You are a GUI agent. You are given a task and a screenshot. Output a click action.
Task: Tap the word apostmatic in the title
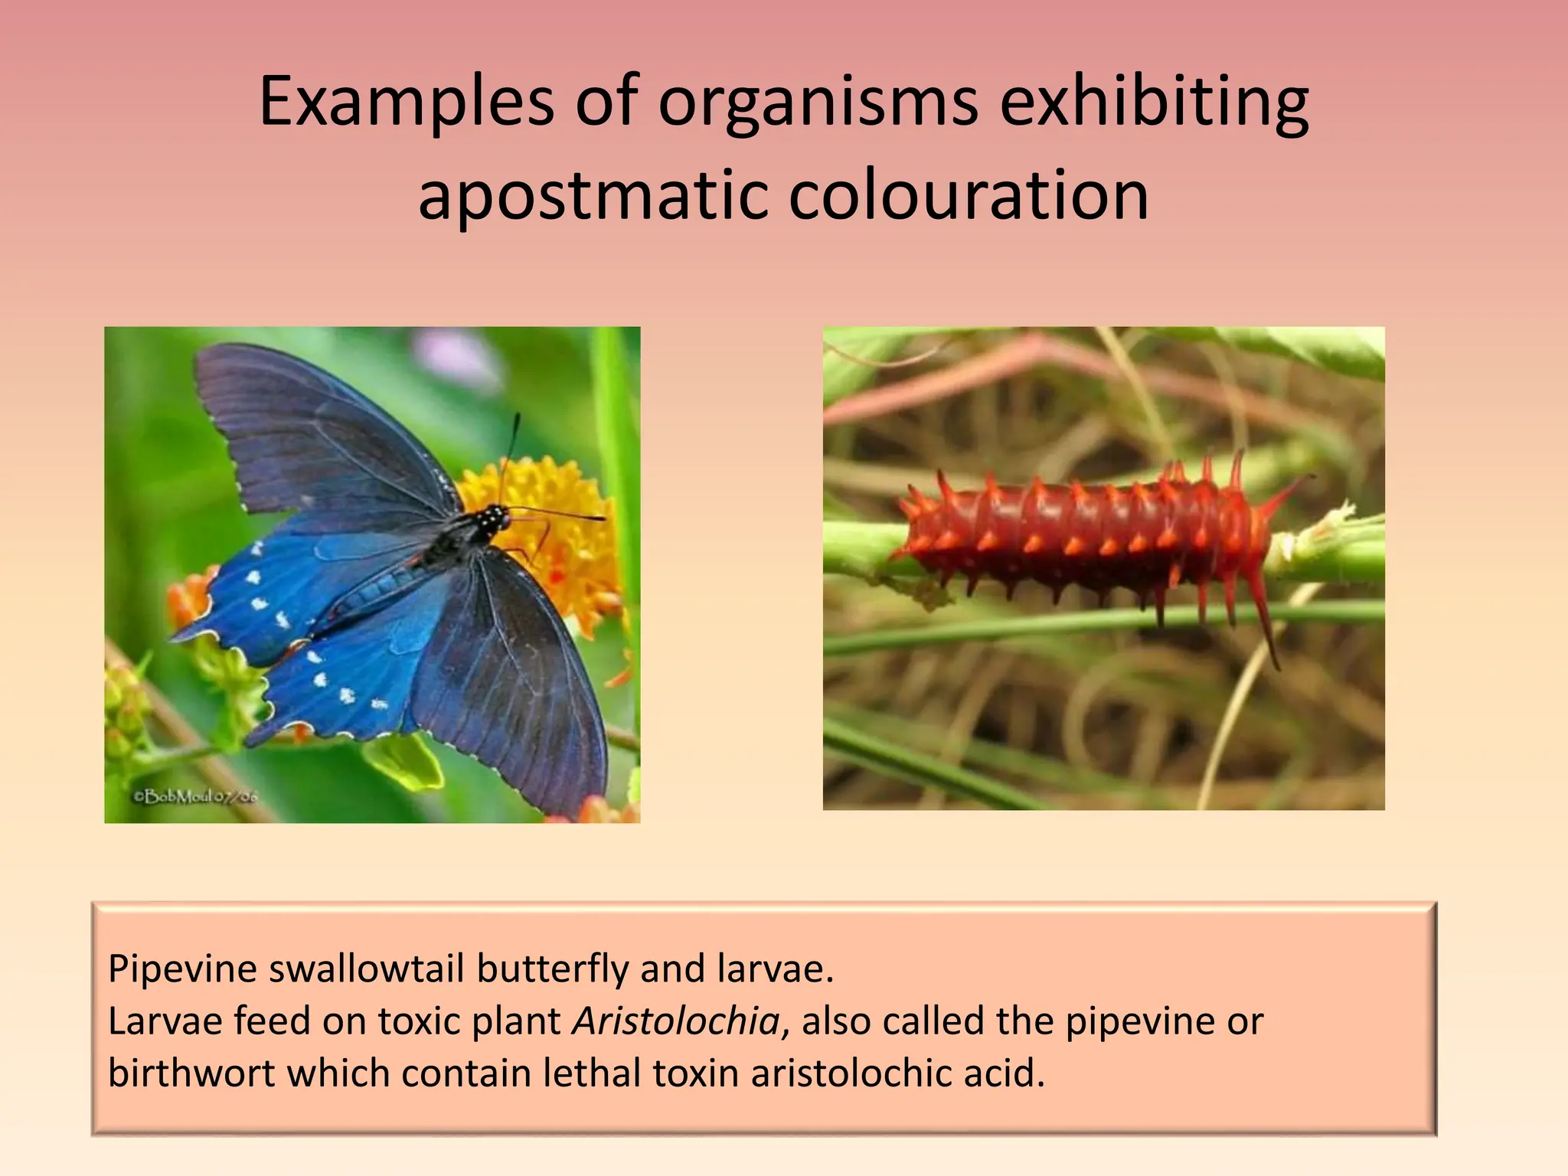(591, 196)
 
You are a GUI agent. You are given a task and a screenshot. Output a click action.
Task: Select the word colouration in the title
(968, 196)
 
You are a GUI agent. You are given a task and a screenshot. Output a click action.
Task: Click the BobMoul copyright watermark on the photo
(196, 797)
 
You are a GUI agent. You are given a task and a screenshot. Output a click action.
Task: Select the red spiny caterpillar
(1087, 536)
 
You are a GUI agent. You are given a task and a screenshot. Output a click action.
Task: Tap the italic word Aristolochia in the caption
(676, 1021)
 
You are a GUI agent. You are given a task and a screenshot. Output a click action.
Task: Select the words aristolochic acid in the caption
(897, 1073)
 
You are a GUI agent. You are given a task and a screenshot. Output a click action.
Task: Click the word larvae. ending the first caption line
(775, 969)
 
